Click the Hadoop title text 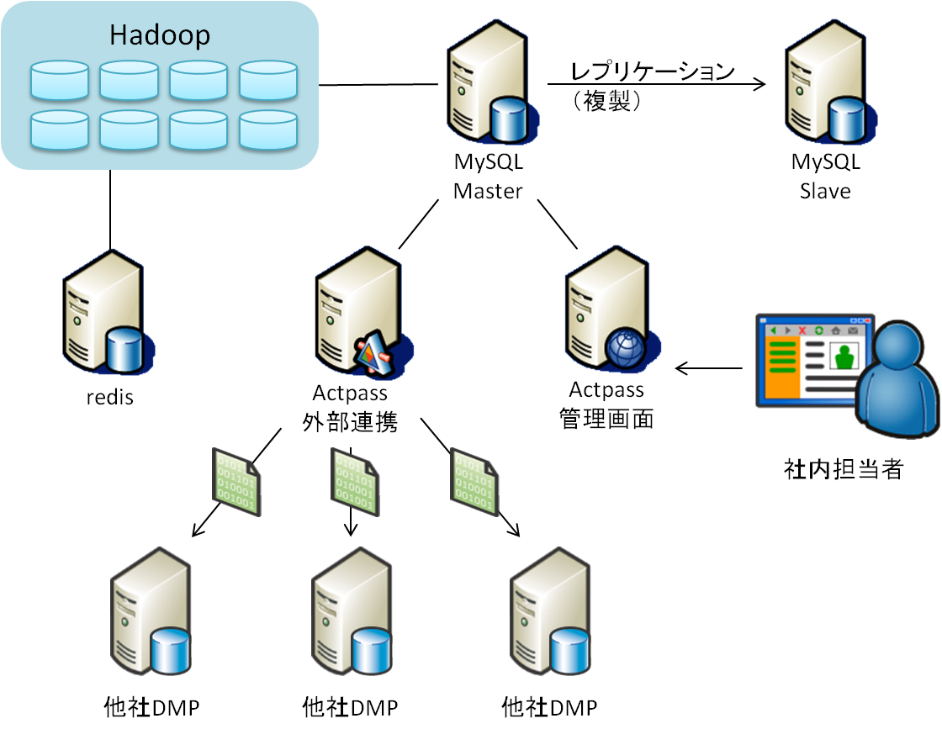point(160,35)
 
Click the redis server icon point(105,315)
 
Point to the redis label point(110,397)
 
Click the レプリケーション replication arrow point(656,84)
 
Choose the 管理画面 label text point(606,419)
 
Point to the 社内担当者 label point(843,469)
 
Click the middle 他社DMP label point(350,707)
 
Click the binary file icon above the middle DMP point(354,483)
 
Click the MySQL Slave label point(825,177)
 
